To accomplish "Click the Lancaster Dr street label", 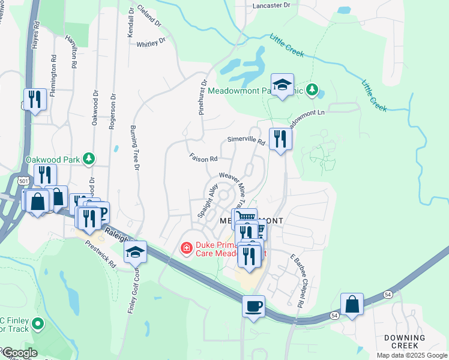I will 272,5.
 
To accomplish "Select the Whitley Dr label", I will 150,43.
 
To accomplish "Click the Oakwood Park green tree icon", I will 89,159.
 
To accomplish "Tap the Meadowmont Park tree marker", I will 312,90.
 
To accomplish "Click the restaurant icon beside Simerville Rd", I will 280,139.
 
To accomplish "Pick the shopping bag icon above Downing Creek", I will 352,304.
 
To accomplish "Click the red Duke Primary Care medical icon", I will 186,247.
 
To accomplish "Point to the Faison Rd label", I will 203,159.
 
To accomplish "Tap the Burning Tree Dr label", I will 135,147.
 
